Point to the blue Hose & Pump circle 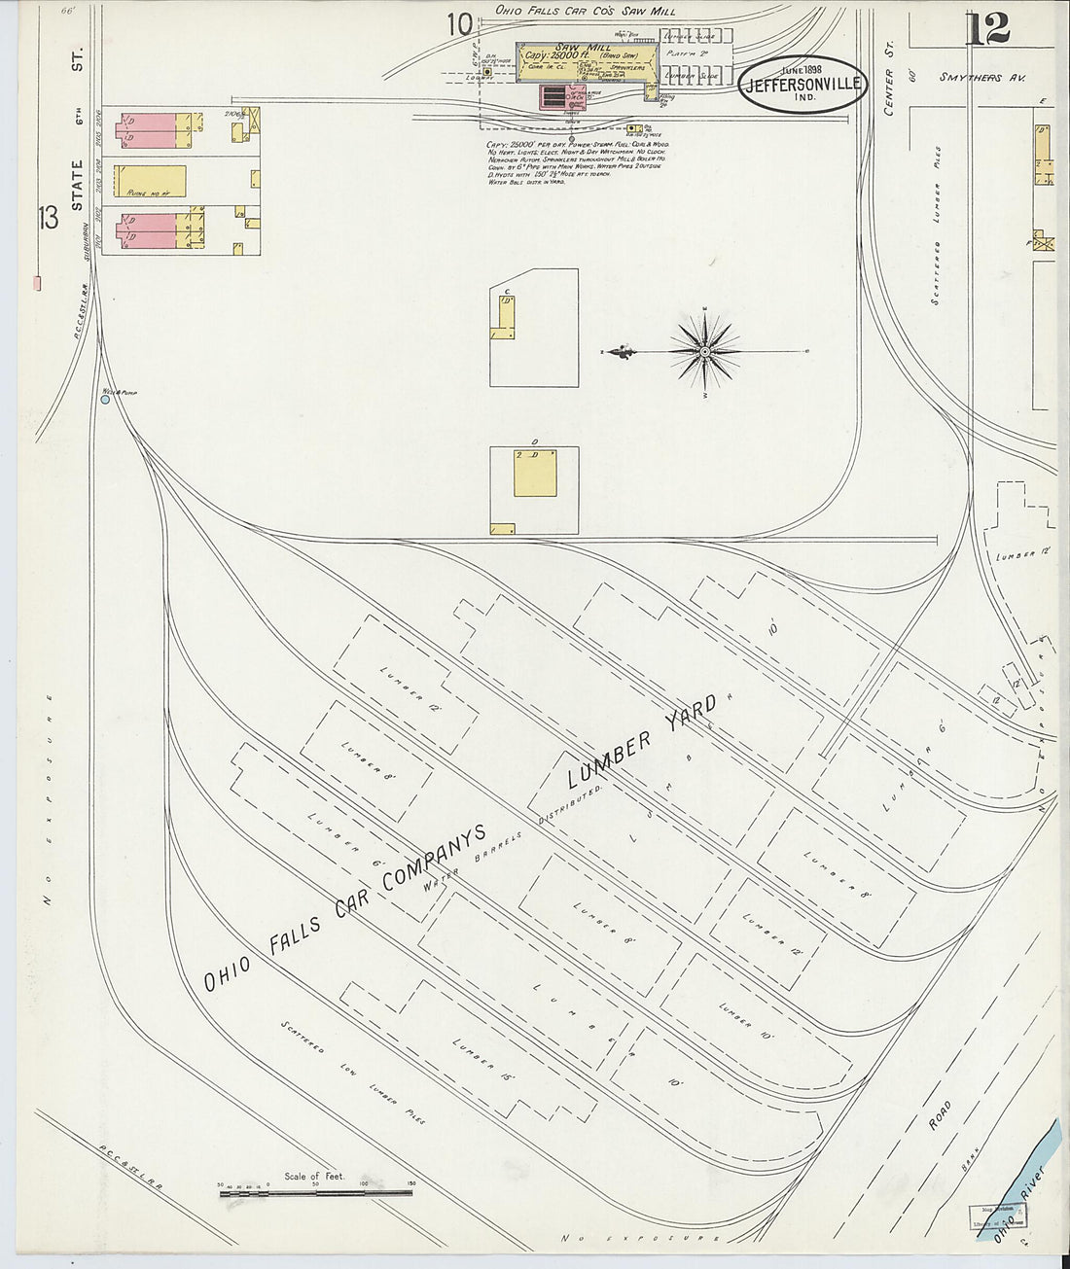[105, 399]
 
